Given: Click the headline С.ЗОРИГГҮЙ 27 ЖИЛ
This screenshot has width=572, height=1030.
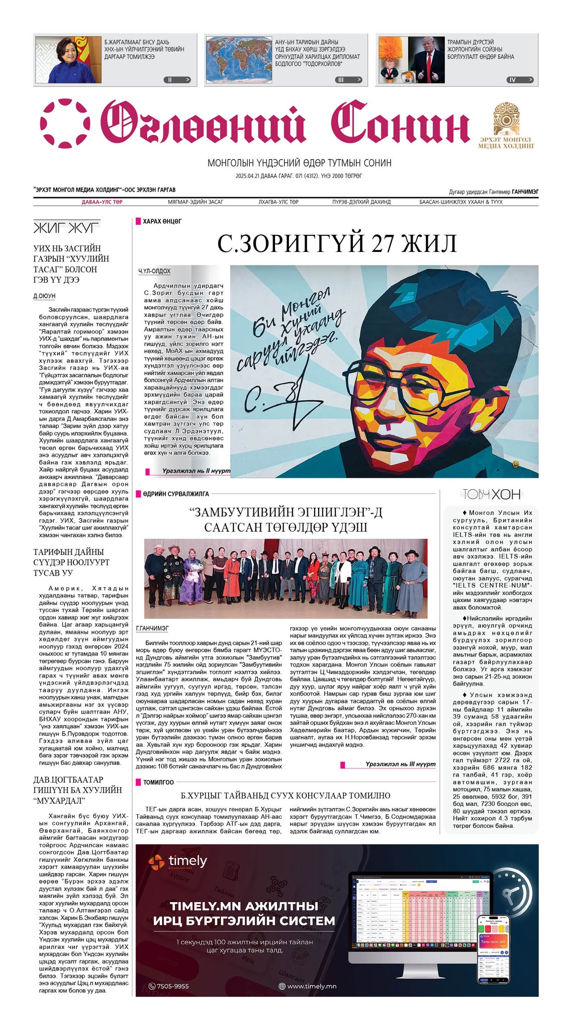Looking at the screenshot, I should (x=337, y=243).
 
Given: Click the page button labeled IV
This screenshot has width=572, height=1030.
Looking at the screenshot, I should (x=519, y=79).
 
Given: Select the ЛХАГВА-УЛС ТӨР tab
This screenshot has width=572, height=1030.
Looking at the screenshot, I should (x=278, y=202).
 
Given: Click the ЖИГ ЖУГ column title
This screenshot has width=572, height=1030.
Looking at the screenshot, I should (x=66, y=228).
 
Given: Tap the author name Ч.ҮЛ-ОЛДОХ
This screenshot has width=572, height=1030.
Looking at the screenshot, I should (x=154, y=271).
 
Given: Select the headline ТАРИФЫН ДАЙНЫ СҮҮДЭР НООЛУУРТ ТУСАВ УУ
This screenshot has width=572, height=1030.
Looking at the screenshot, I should (x=71, y=562).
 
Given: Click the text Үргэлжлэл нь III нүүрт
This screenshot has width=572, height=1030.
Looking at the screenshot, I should (x=400, y=764).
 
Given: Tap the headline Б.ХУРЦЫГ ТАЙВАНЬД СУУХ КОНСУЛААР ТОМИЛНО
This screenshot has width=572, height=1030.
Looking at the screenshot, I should (x=285, y=796).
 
